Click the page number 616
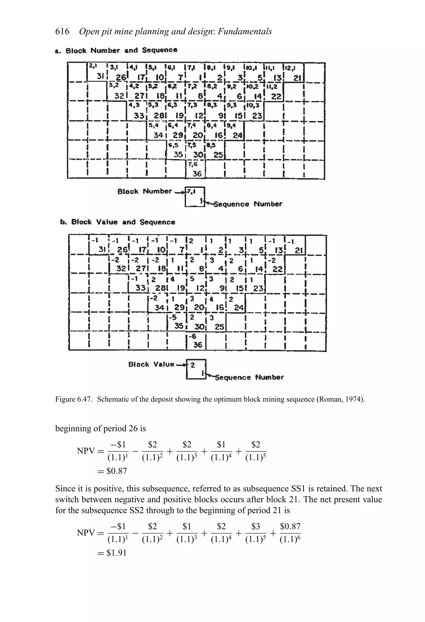click(x=62, y=32)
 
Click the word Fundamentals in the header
click(x=245, y=32)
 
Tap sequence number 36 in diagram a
click(x=197, y=174)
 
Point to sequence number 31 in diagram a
click(x=100, y=76)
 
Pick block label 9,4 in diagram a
click(x=231, y=125)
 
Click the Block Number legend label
click(x=145, y=191)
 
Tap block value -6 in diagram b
click(x=192, y=336)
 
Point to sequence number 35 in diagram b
click(x=178, y=326)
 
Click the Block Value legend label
click(x=151, y=364)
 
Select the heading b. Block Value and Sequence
click(x=118, y=222)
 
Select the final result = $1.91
click(x=112, y=553)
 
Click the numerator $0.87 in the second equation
click(x=290, y=527)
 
